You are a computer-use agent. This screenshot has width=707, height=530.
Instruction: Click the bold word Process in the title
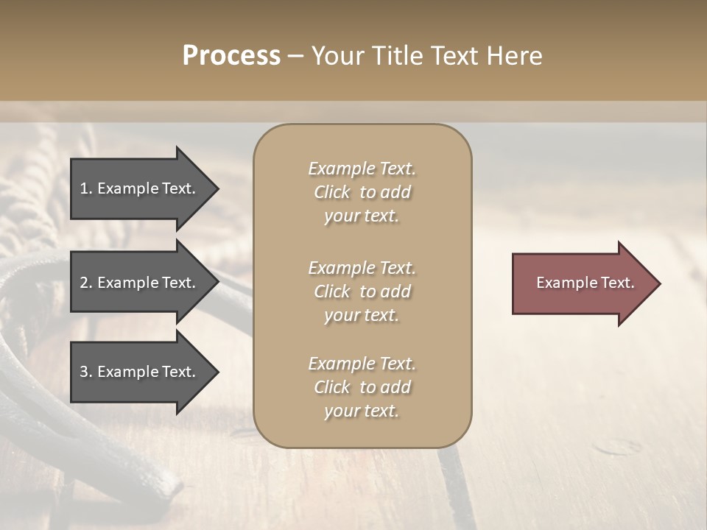pos(231,56)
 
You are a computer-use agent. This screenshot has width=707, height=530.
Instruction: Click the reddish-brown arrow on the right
pos(582,283)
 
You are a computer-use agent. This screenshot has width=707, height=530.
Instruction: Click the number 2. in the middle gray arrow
pos(86,283)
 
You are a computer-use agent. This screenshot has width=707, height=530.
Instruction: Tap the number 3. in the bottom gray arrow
pos(86,372)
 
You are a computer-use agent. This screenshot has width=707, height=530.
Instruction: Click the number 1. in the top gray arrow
pos(86,188)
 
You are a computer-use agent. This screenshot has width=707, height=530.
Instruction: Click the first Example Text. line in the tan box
pos(362,169)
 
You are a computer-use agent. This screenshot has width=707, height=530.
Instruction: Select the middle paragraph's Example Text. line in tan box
pos(362,268)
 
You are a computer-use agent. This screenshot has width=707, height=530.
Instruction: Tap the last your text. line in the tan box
pos(362,411)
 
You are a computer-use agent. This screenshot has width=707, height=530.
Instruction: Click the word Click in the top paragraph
pos(331,193)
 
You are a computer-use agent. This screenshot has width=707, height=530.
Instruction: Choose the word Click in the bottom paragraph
pos(331,388)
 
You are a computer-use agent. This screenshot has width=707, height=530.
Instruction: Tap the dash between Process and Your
pos(295,56)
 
